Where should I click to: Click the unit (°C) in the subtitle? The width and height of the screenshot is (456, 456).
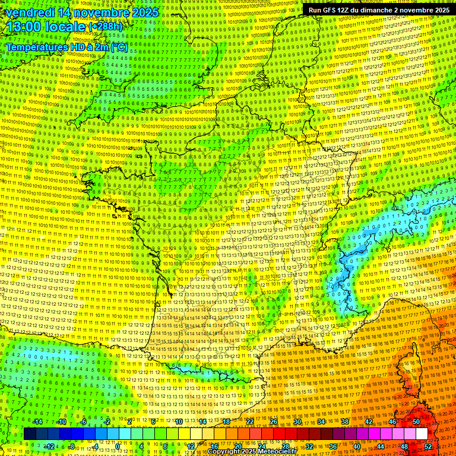coord(118,46)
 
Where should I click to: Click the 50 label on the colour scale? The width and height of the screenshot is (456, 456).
coord(416,422)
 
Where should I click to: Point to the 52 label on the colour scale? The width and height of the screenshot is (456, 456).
coord(427,446)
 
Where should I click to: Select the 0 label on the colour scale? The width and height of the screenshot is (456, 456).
coord(118,446)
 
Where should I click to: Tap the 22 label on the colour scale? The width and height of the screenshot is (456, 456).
coord(250,422)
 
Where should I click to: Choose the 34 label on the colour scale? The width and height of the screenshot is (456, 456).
coord(321,422)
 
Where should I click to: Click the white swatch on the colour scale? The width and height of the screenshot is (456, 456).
coord(422,434)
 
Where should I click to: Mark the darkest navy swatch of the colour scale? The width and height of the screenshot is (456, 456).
coord(30,434)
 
